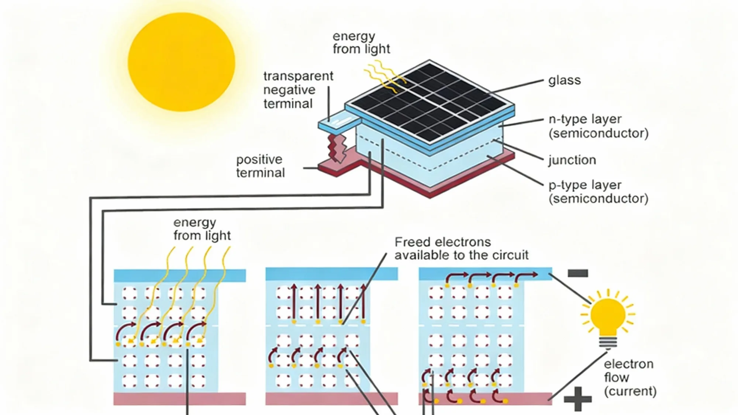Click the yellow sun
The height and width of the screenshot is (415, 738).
click(x=181, y=62)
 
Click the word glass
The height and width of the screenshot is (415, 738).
click(x=564, y=80)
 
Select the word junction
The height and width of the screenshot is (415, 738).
click(x=572, y=160)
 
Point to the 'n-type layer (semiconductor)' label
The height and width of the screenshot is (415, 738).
click(x=598, y=126)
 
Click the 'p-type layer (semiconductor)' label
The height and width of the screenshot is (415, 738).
click(x=598, y=191)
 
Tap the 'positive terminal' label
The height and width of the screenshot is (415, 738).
click(x=261, y=166)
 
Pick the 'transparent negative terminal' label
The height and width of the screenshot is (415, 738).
click(x=298, y=90)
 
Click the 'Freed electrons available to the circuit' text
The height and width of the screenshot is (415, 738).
click(x=461, y=248)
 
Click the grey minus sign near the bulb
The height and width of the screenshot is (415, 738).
click(x=577, y=273)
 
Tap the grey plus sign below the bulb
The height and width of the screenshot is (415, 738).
click(x=577, y=399)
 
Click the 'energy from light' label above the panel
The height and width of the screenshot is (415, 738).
click(x=361, y=42)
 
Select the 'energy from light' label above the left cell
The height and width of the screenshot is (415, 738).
click(x=202, y=229)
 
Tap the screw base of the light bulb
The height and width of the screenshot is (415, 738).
click(x=608, y=342)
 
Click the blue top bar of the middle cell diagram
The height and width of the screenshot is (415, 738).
click(x=332, y=274)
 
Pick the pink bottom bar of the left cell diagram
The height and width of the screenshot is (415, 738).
click(x=180, y=399)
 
